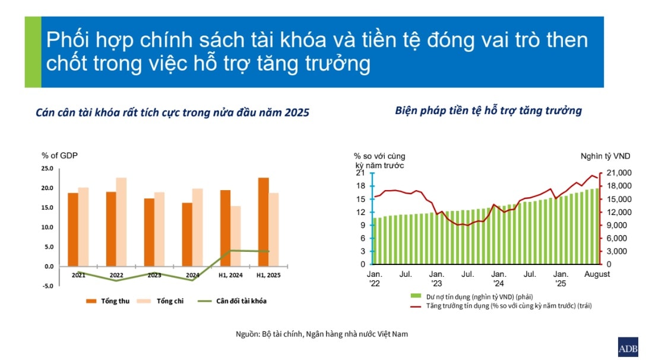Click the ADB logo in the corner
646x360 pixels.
click(628, 347)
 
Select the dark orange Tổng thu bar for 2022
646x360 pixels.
click(111, 229)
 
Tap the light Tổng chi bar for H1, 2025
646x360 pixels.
click(274, 230)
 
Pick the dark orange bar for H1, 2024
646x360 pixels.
click(226, 228)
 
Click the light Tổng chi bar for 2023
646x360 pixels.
click(160, 229)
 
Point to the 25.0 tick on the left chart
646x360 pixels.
click(47, 168)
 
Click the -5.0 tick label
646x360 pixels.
click(47, 286)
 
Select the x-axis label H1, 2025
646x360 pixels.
click(268, 275)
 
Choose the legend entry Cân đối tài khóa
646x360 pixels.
click(232, 301)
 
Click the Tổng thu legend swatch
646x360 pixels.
click(91, 301)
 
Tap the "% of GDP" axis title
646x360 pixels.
click(59, 156)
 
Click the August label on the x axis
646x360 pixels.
click(597, 274)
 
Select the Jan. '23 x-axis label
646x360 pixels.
click(436, 279)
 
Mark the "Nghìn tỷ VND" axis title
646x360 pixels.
click(605, 156)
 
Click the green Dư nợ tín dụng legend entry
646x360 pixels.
click(471, 296)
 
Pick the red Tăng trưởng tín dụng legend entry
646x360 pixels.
click(501, 305)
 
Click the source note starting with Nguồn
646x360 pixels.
click(322, 334)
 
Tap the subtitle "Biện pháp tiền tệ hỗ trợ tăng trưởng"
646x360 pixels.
click(488, 110)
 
